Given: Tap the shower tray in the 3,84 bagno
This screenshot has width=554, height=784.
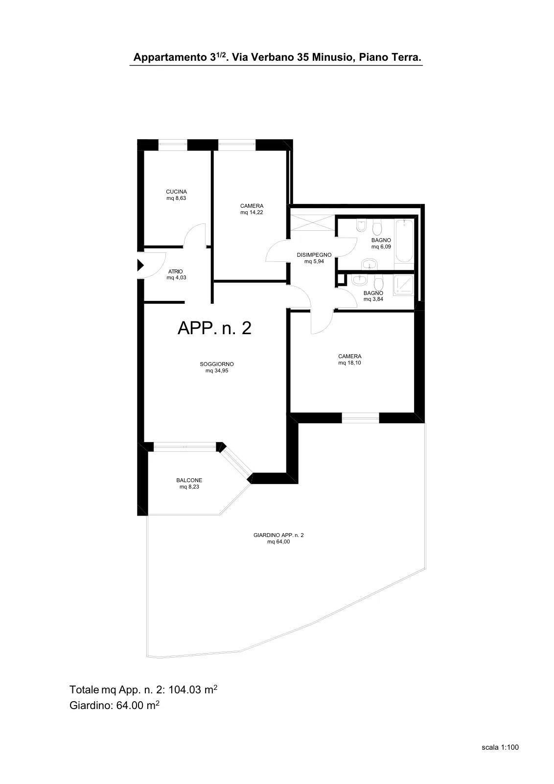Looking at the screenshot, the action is click(404, 285).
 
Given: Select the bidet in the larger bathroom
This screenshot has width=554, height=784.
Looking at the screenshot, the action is click(361, 226).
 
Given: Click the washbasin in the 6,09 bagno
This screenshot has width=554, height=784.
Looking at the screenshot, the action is click(369, 264).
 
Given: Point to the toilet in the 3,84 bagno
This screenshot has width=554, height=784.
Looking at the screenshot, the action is click(378, 281).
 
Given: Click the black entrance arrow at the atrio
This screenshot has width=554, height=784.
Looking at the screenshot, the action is click(140, 265).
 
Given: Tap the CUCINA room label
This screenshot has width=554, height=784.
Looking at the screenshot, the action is click(176, 192).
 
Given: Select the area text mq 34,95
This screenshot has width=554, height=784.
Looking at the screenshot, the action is click(217, 370).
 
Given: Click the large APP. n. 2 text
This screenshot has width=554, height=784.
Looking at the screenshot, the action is click(214, 328).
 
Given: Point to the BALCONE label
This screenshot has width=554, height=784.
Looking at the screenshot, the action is click(189, 481).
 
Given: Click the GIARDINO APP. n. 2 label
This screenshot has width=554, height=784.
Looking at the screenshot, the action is click(278, 535).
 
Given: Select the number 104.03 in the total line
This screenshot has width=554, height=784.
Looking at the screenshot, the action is click(185, 690).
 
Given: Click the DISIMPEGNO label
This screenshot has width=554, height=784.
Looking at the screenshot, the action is click(314, 255).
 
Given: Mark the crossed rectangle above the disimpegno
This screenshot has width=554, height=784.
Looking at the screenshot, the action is click(313, 223).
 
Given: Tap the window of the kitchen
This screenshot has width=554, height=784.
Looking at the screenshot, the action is click(173, 145).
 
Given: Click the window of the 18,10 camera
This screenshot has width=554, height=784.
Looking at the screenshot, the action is click(360, 418).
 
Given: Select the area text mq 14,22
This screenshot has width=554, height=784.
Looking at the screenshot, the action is click(252, 213).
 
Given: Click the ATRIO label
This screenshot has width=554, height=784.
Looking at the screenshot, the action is click(176, 271).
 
